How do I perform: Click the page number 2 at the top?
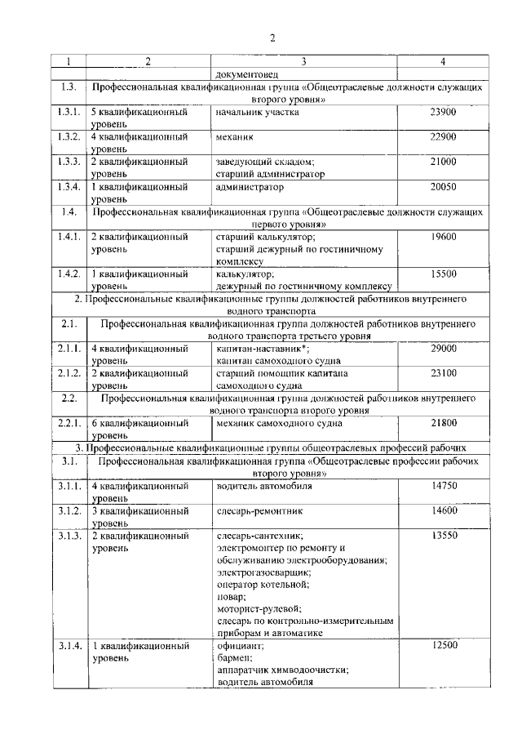(x=273, y=37)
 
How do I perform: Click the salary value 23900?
(x=443, y=112)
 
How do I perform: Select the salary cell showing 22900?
(x=443, y=136)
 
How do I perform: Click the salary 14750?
(x=443, y=486)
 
